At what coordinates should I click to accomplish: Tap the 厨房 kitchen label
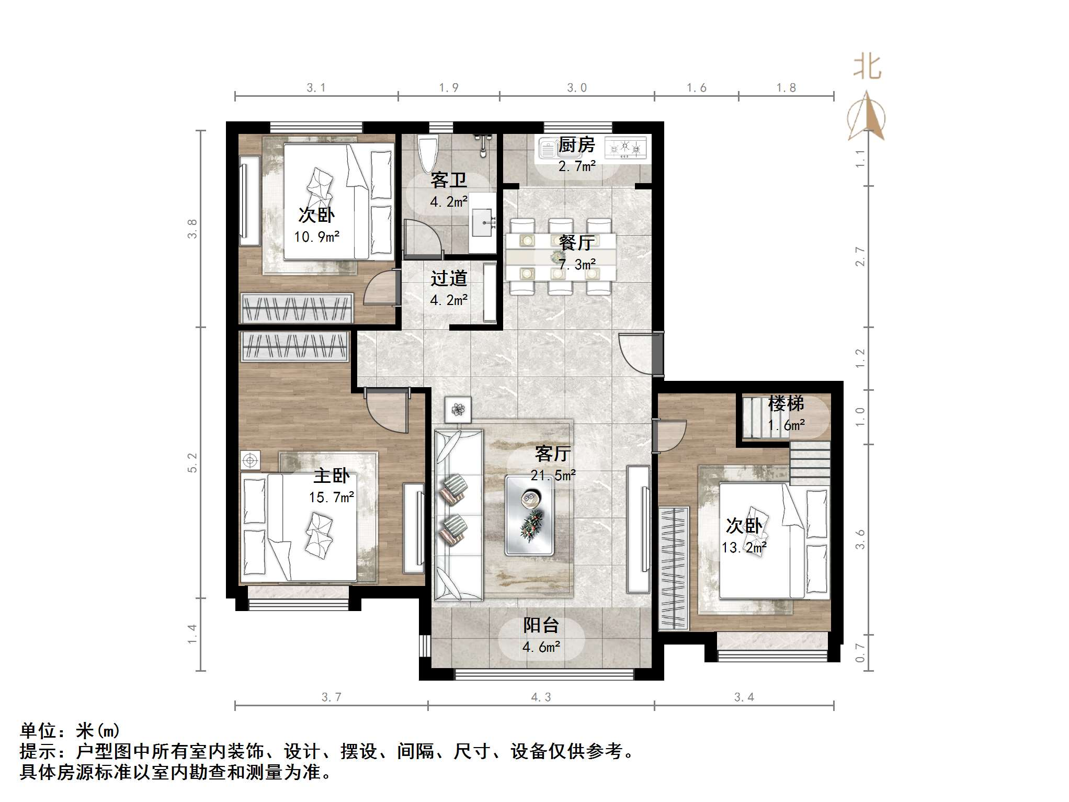coord(576,145)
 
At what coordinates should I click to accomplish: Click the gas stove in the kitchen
coord(626,148)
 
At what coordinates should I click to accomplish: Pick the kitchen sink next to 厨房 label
coord(547,149)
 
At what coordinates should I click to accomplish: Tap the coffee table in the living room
coord(529,515)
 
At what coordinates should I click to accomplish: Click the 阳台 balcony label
coord(541,625)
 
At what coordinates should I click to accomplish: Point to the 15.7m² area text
coord(332,498)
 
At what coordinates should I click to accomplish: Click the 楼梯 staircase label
coord(786,404)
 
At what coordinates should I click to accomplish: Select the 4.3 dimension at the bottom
coord(541,697)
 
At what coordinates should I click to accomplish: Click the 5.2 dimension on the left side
coord(192,462)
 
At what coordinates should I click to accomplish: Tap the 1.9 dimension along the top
coord(449,88)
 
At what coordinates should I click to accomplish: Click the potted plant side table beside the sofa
coord(458,410)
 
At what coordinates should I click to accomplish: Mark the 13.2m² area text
coord(744,548)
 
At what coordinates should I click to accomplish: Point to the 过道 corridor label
coord(449,278)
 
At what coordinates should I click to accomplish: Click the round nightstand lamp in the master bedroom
coord(250,460)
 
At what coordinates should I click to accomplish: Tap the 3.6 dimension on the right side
coord(860,539)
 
